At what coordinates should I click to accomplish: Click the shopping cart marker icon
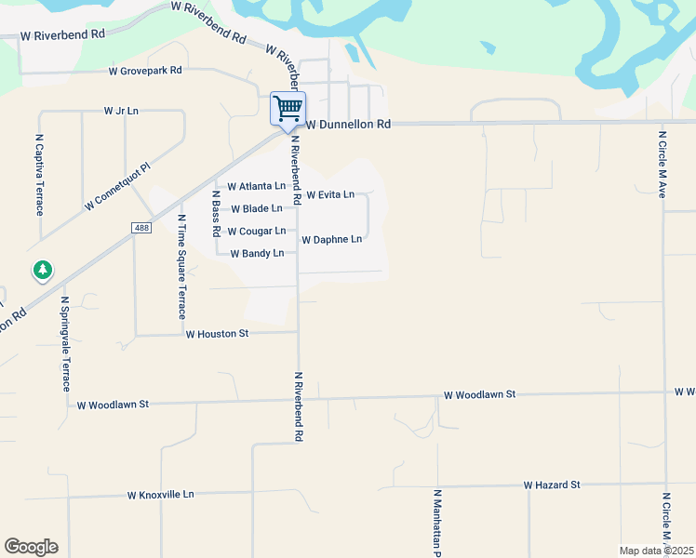(x=288, y=109)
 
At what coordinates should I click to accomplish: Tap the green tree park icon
(x=42, y=271)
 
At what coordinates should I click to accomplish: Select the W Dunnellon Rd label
(x=349, y=124)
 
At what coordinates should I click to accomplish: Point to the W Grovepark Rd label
(x=145, y=71)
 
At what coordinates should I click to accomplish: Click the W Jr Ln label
(x=121, y=111)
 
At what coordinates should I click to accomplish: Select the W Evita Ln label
(x=329, y=194)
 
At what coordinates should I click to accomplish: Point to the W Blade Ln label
(x=256, y=208)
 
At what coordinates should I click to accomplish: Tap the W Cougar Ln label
(x=256, y=231)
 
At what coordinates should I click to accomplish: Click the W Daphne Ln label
(x=331, y=239)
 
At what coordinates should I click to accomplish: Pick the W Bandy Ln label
(x=256, y=253)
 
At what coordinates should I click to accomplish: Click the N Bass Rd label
(x=216, y=217)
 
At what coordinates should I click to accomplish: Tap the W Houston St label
(x=217, y=333)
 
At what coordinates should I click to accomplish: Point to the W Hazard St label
(x=551, y=485)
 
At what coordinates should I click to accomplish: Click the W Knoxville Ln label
(x=160, y=495)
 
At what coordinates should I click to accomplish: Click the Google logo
(x=31, y=547)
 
